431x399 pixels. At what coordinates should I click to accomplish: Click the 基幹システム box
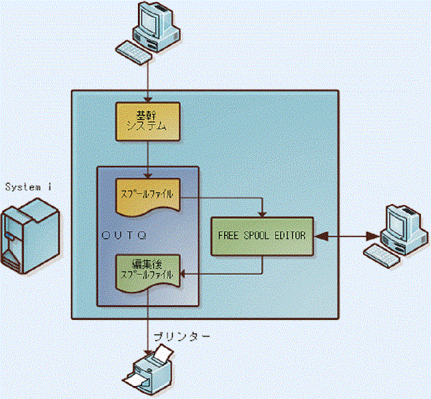point(147,120)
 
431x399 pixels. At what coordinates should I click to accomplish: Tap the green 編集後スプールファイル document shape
point(147,270)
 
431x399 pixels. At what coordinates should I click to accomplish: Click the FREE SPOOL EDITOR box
point(263,234)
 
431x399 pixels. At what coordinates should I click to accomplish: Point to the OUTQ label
point(123,234)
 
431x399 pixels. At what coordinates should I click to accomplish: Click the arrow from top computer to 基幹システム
point(147,79)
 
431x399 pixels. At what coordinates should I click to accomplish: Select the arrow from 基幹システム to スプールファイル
point(147,158)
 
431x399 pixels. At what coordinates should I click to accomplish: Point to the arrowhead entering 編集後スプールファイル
point(184,273)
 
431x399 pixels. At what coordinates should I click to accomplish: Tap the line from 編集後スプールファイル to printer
point(147,324)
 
